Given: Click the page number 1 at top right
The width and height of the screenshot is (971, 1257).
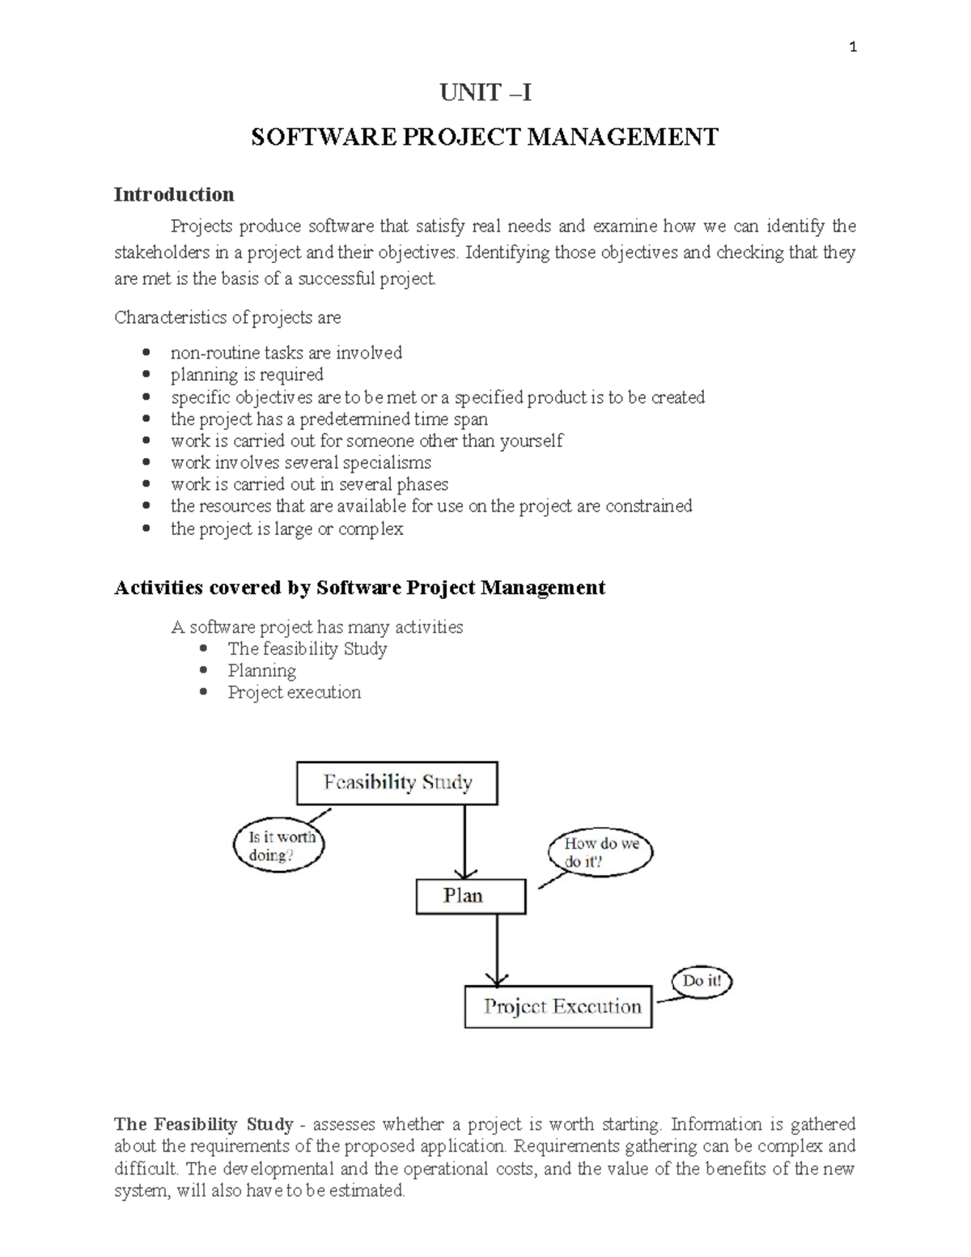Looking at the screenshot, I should click(852, 47).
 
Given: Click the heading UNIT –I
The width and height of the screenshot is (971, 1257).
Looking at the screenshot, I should click(485, 93).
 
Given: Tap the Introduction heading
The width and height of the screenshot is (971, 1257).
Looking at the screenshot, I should click(174, 194).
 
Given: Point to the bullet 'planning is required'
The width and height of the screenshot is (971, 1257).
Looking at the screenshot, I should click(247, 375).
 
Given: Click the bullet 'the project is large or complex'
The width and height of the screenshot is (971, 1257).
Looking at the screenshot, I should click(286, 529).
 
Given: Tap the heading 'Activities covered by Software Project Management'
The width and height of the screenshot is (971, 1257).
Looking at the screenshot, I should click(359, 588).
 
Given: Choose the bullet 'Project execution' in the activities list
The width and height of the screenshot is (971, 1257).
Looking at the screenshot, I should click(294, 693).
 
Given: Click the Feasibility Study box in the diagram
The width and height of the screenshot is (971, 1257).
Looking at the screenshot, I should click(397, 783).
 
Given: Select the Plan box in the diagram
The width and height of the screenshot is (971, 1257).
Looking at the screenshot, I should click(470, 896).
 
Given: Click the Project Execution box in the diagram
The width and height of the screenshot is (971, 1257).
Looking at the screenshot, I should click(558, 1007).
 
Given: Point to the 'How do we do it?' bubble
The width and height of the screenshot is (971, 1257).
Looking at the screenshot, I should click(600, 852).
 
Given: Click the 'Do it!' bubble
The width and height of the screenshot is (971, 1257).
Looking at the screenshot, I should click(701, 982).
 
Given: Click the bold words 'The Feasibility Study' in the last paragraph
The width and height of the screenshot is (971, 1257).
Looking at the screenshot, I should click(203, 1124).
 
